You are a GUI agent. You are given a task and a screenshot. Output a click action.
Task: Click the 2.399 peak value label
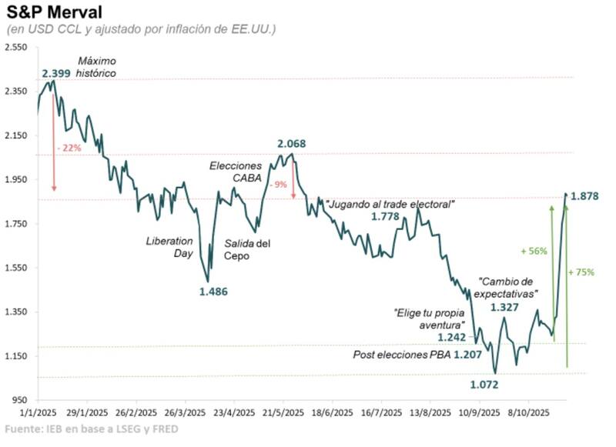tap(56, 74)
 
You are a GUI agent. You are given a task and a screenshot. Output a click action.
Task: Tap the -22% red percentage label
tap(69, 148)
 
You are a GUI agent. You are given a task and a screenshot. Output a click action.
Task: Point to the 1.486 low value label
tap(213, 292)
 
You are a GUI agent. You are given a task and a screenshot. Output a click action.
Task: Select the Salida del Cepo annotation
tap(248, 249)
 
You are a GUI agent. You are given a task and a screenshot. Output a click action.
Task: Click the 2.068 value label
tap(292, 144)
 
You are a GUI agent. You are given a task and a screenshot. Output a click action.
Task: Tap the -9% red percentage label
tap(278, 184)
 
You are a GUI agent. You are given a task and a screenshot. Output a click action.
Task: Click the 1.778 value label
tap(385, 217)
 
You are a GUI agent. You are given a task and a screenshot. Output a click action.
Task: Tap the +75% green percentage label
tap(581, 272)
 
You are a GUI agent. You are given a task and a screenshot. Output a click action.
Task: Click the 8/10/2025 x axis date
tap(530, 412)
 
